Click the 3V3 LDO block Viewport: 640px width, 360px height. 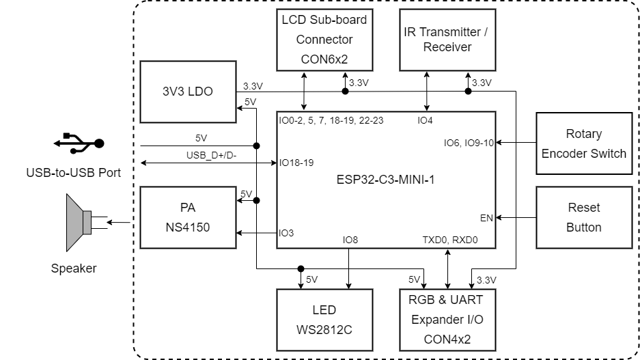[x=187, y=91]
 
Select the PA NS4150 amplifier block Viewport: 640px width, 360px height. [x=187, y=217]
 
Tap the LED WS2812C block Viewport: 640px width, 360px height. [x=324, y=320]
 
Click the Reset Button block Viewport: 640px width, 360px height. [x=584, y=217]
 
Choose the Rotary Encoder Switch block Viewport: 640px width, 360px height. [x=584, y=143]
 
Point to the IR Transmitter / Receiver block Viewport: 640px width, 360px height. [x=447, y=40]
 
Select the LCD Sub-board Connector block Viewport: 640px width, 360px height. [x=324, y=40]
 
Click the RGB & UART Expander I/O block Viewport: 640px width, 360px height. [x=447, y=320]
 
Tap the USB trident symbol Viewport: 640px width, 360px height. [x=78, y=143]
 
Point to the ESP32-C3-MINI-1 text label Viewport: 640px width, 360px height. [x=385, y=180]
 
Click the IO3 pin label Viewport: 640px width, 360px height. [x=287, y=233]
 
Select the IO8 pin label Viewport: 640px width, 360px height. [x=350, y=240]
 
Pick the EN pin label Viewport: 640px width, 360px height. [x=487, y=218]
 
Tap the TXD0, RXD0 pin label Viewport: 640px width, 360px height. [x=450, y=240]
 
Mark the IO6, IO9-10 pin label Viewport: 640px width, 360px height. [x=469, y=143]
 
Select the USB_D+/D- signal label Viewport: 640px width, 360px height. [x=211, y=155]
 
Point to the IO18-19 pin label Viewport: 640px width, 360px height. [x=296, y=163]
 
